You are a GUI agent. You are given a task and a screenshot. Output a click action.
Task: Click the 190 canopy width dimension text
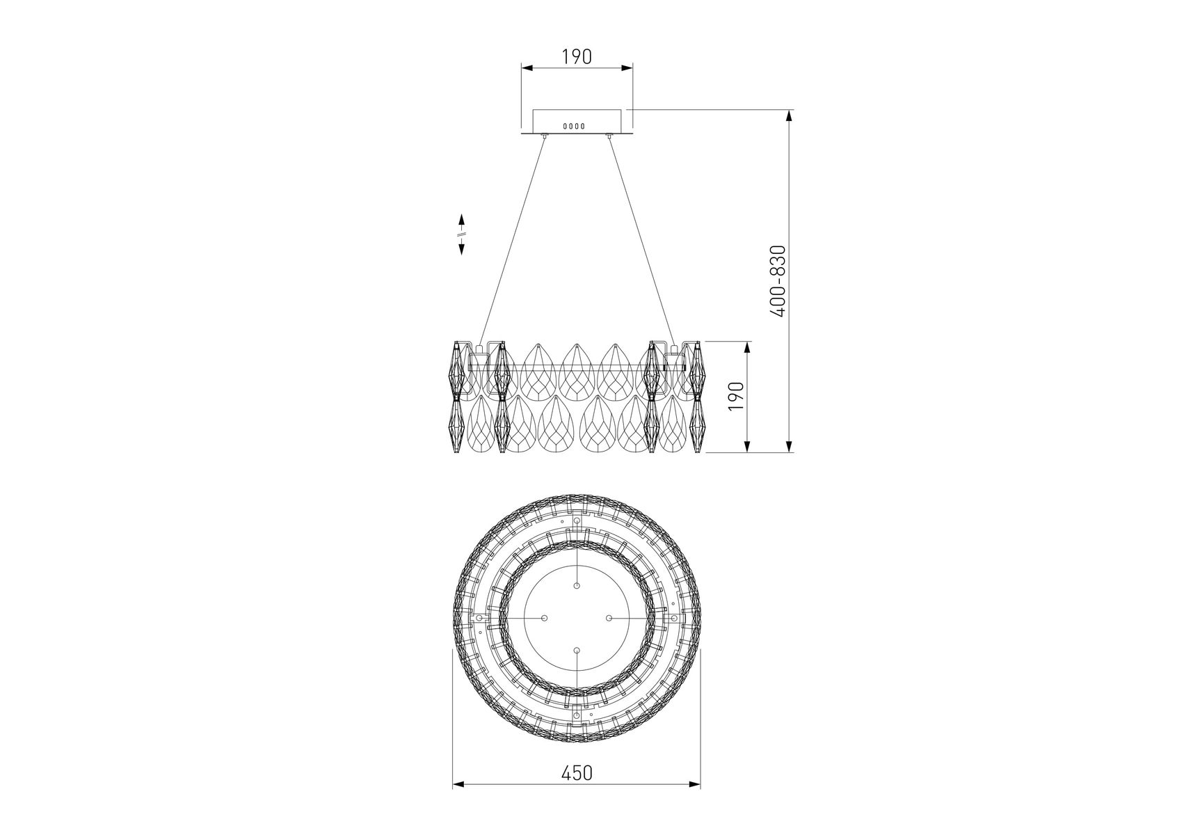pos(577,56)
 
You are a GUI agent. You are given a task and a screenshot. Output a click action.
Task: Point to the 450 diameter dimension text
pos(577,793)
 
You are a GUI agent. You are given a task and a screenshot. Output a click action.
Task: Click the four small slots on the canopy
pos(573,126)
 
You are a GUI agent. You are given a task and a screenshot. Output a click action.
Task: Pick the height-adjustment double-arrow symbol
pos(461,234)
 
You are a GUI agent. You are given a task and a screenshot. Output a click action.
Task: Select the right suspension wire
pos(641,241)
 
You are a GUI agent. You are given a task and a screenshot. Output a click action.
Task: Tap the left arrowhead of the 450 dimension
pos(458,804)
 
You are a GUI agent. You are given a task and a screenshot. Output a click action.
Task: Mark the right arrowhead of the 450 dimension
pos(695,804)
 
